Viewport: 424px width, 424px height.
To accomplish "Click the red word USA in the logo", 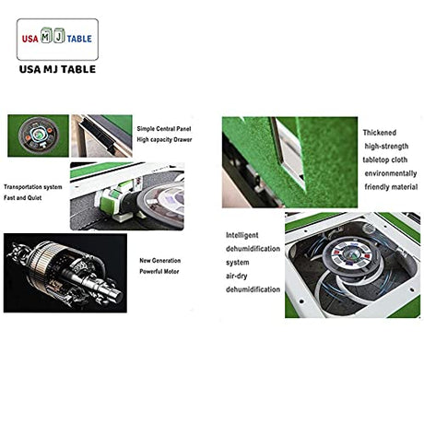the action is [29, 39].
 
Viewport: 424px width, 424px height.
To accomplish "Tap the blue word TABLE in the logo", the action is [79, 39].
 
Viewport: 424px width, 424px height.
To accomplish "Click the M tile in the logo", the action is [46, 35].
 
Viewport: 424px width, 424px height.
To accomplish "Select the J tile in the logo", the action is [59, 35].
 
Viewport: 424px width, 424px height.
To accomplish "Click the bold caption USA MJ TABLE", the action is [57, 69].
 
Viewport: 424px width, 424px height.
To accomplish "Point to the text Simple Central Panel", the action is [164, 129].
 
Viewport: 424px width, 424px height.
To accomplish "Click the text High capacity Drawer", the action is [164, 139].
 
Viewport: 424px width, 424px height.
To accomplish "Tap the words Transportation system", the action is [33, 187].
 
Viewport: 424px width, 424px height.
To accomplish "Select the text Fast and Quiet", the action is [23, 198].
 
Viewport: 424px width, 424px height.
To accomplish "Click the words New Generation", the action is [160, 261].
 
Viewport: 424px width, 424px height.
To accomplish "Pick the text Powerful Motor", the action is [159, 272].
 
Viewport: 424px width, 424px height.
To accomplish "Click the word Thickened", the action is [380, 133].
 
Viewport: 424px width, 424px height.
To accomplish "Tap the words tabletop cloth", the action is [385, 159].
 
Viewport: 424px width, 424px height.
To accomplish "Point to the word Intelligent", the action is [242, 235].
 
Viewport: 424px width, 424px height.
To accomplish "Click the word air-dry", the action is [237, 276].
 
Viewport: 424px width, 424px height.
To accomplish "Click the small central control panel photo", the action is [38, 135].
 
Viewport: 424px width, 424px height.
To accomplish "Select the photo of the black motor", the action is [65, 273].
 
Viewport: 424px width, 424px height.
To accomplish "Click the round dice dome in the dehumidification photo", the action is [350, 253].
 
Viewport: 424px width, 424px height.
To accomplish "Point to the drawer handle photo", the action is [101, 135].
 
